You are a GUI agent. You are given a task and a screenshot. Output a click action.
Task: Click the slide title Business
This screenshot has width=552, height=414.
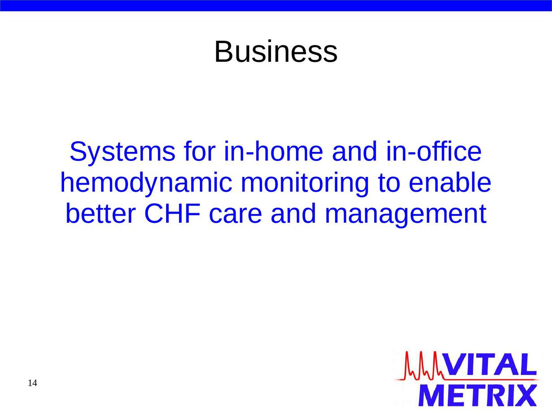pos(276,52)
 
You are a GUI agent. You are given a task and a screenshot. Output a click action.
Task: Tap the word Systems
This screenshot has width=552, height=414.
pos(122,151)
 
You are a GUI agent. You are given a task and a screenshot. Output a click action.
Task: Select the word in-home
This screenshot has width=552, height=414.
pos(273,151)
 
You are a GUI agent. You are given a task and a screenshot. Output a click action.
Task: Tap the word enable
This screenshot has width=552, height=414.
pos(450,182)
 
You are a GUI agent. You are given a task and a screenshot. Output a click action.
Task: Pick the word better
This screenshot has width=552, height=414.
pos(101,213)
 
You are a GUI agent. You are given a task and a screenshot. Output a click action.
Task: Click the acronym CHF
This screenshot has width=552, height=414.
pos(173,213)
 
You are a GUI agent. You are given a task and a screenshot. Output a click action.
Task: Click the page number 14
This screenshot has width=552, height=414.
pos(32,383)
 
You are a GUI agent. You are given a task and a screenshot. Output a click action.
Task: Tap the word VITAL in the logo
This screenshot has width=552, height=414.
pos(489,365)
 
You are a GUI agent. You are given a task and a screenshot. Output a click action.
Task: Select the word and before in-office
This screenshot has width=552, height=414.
pos(355,151)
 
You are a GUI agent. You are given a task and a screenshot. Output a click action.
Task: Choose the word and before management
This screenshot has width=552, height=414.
pos(293,213)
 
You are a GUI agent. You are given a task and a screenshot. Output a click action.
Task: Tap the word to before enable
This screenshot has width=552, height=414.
pos(389,183)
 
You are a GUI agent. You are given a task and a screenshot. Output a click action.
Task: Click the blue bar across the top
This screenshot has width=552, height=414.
pos(276,5)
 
